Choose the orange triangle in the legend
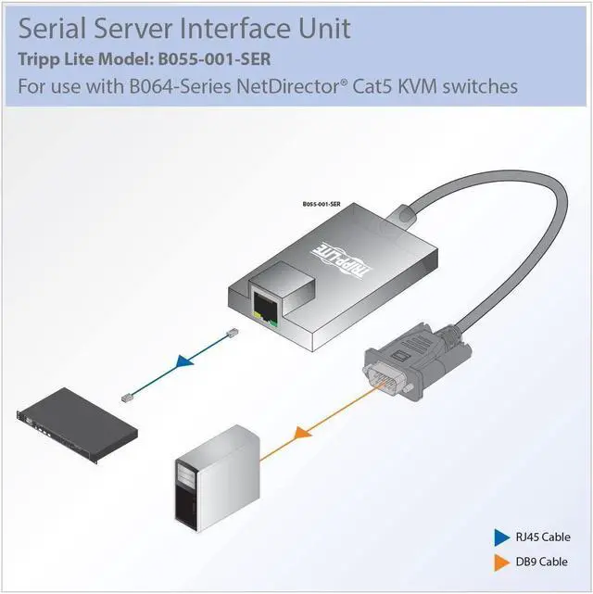click(x=501, y=562)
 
